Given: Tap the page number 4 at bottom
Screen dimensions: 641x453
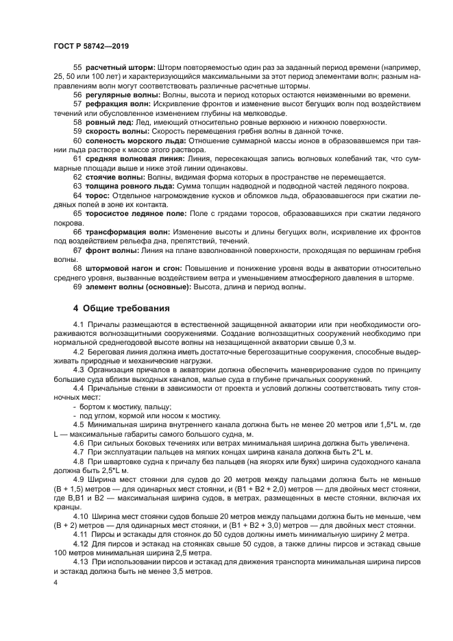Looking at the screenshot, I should tap(56, 581).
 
